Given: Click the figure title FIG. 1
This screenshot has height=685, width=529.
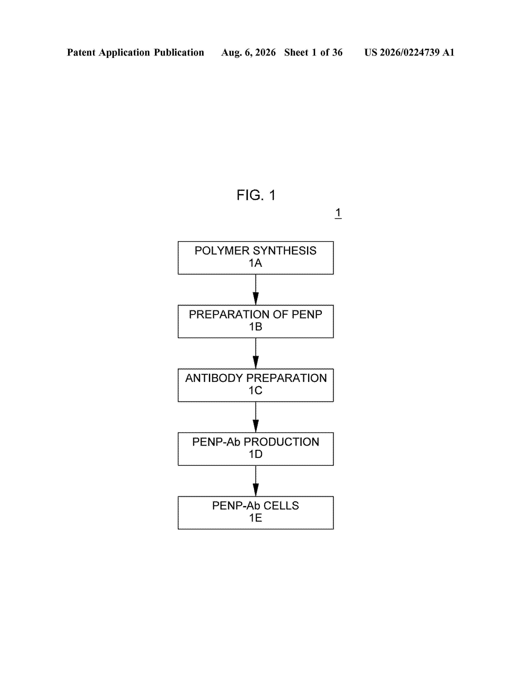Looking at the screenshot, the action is click(256, 195).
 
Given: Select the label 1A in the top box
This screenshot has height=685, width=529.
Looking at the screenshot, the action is click(255, 263).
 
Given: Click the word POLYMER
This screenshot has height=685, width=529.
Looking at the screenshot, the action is click(222, 251).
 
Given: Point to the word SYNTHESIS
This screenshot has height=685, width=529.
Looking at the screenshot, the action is click(285, 251).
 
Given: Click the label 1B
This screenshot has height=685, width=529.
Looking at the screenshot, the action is click(255, 327).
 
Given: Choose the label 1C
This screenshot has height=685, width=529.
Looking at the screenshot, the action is click(255, 390).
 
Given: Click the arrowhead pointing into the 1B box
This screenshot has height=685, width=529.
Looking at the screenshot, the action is click(256, 298).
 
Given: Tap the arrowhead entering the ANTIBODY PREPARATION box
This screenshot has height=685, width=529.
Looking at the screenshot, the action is click(256, 362).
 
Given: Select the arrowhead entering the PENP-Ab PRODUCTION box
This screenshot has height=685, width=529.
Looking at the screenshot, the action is click(256, 426).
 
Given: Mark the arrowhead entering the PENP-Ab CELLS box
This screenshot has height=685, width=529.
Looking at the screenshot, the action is click(256, 490).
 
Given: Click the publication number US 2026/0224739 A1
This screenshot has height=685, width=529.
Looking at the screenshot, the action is click(409, 52).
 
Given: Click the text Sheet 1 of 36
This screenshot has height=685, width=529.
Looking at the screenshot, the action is click(313, 52).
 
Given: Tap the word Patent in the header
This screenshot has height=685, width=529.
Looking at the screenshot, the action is click(81, 52).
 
